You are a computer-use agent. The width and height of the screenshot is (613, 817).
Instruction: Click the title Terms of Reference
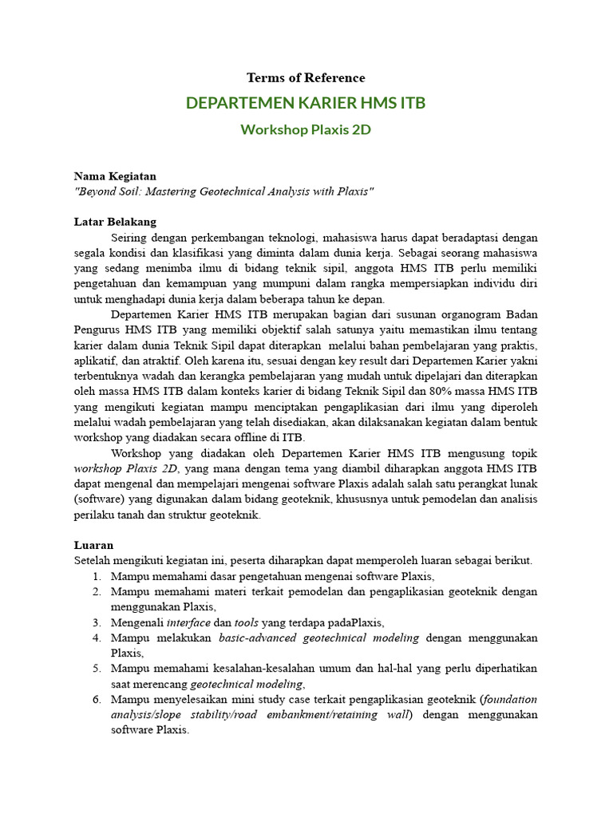click(306, 78)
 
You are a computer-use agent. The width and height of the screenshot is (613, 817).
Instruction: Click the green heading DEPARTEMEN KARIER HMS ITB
click(306, 104)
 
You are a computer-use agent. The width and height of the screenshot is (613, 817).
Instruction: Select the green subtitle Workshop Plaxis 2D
click(306, 129)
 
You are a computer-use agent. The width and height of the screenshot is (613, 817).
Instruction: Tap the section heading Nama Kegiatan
click(115, 176)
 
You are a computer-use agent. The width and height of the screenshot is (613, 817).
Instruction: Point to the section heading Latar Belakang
click(115, 221)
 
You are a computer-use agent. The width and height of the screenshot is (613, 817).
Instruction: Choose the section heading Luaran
click(93, 544)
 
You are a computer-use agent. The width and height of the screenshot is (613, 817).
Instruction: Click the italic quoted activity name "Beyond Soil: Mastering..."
click(223, 192)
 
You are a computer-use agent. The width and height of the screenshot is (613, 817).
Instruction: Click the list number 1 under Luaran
click(96, 576)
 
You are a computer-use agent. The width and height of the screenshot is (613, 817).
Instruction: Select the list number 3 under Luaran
click(96, 622)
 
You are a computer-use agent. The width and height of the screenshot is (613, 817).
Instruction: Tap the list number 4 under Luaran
click(96, 637)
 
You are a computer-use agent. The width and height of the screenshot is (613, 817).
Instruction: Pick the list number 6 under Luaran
click(96, 699)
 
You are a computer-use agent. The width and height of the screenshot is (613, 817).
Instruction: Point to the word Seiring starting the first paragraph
click(130, 238)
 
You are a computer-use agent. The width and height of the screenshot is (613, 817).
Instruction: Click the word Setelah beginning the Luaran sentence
click(94, 560)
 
